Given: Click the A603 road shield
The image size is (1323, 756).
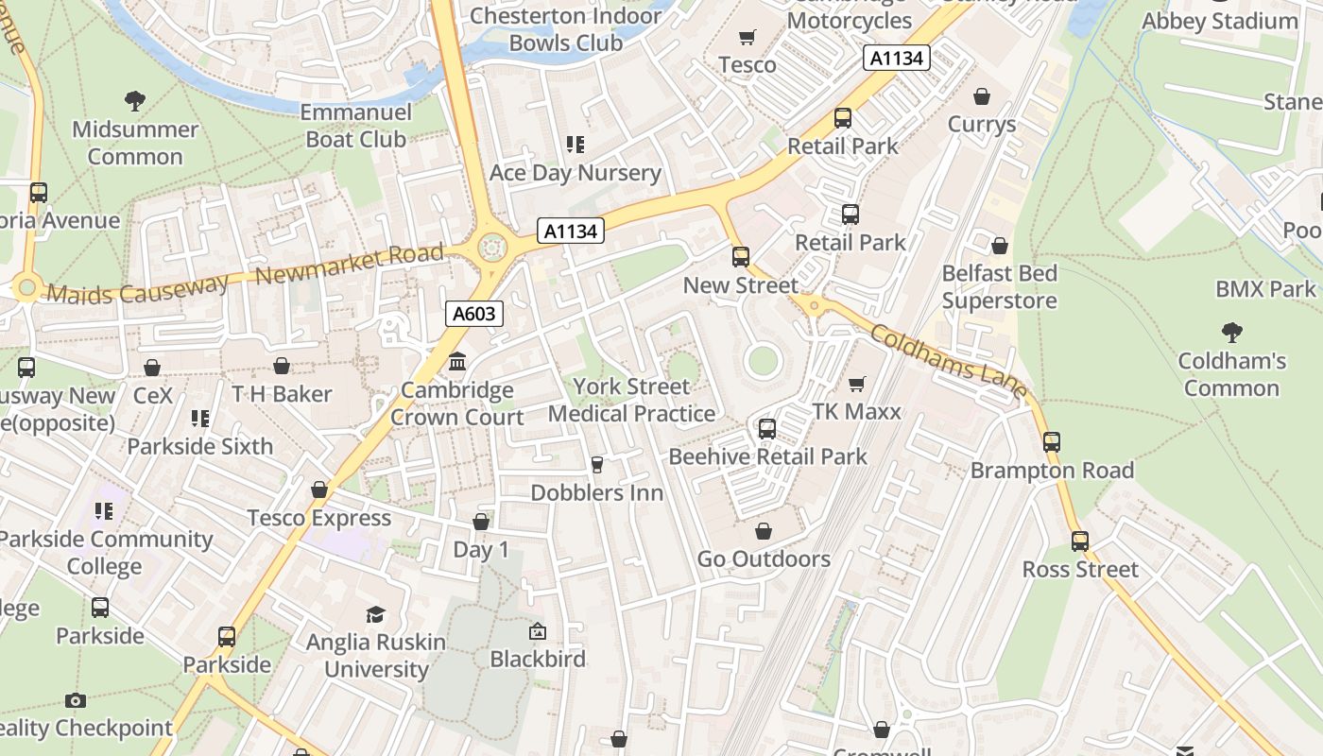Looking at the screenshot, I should click(x=473, y=314).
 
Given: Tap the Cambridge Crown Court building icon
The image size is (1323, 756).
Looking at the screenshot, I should click(x=457, y=362).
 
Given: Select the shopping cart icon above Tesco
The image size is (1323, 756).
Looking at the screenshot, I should click(x=747, y=38).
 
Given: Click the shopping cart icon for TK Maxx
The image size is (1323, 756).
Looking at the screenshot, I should click(x=856, y=384).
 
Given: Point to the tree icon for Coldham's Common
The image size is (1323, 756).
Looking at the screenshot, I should click(x=1231, y=333).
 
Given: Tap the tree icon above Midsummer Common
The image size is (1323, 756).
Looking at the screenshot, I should click(x=135, y=100).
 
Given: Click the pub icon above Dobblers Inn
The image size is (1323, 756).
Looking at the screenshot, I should click(x=596, y=465).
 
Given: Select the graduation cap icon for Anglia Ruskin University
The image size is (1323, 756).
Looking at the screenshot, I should click(x=376, y=614).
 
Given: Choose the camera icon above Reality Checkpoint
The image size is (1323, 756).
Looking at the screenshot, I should click(x=76, y=700).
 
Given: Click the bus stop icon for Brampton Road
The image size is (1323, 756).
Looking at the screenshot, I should click(x=1051, y=441).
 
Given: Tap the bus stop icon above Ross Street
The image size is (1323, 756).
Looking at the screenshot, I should click(x=1080, y=541).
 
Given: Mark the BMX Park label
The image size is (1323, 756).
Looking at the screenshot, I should click(x=1265, y=289).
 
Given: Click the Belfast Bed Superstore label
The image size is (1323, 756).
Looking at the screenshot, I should click(x=999, y=287).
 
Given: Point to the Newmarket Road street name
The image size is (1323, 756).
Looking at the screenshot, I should click(x=350, y=266).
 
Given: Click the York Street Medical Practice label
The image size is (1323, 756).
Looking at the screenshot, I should click(x=631, y=400).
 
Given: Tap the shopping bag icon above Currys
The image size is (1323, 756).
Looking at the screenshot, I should click(x=982, y=96).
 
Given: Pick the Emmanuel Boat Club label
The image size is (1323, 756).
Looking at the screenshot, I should click(x=355, y=126).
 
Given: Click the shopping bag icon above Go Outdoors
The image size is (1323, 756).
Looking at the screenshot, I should click(x=764, y=531).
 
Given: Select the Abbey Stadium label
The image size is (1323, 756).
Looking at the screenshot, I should click(x=1220, y=21).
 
